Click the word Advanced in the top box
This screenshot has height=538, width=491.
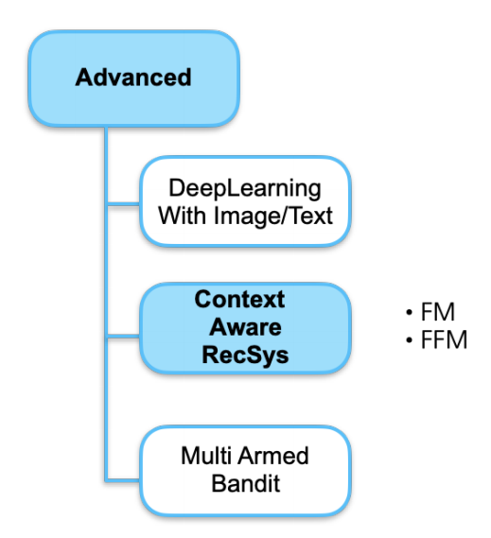[x=133, y=78]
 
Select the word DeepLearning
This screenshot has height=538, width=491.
[x=245, y=189]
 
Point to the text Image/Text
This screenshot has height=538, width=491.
[x=273, y=217]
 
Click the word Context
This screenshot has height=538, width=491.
[x=239, y=299]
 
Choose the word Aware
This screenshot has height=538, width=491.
[x=245, y=327]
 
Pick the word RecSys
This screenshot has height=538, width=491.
[x=245, y=356]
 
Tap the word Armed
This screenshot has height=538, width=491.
[x=273, y=456]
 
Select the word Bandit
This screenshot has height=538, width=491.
[x=246, y=483]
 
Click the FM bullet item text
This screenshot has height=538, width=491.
[x=438, y=312]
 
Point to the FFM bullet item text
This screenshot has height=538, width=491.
[x=444, y=339]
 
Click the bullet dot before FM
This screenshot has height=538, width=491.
[x=409, y=312]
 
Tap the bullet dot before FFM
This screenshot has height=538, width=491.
[x=409, y=339]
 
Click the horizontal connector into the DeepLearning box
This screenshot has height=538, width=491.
[x=124, y=204]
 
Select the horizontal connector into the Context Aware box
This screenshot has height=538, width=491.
[x=124, y=336]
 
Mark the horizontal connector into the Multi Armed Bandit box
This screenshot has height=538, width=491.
[x=124, y=479]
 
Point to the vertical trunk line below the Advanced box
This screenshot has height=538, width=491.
[x=106, y=304]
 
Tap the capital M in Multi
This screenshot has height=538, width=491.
[x=189, y=456]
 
